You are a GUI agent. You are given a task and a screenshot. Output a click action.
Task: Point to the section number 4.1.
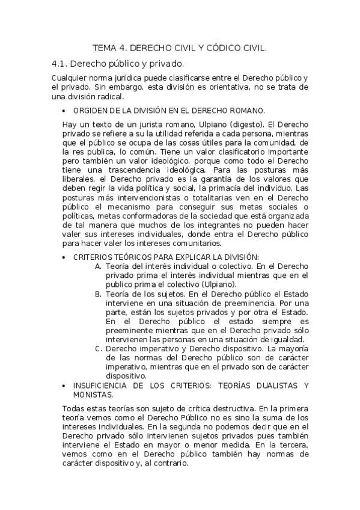[x=59, y=63]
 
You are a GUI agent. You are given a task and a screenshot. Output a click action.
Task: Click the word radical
[x=109, y=96]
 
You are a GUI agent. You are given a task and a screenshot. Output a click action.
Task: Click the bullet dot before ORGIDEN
[x=64, y=111]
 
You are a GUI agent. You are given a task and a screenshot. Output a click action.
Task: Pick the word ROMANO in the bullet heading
[x=246, y=111]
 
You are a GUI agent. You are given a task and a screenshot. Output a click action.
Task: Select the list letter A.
[x=98, y=266]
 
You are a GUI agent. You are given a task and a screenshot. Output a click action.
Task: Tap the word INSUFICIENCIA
[x=100, y=386]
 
